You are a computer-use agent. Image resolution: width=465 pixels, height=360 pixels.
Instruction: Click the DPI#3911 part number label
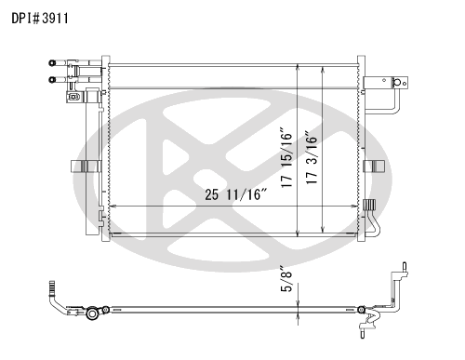click(40, 19)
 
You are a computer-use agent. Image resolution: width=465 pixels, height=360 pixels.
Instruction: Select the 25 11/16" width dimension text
click(236, 194)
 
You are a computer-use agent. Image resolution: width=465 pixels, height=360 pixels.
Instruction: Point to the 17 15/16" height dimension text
click(286, 156)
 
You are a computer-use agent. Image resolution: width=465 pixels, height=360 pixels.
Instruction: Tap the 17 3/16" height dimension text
click(312, 158)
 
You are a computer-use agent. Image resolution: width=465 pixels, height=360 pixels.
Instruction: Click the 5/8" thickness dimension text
click(286, 279)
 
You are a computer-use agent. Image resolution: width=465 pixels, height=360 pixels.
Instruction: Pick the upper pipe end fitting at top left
click(52, 63)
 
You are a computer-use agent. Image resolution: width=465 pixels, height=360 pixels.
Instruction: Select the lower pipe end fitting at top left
click(52, 80)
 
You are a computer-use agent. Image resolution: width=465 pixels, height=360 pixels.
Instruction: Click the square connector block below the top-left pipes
click(73, 97)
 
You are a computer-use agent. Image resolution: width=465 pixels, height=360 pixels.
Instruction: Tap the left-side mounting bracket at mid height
click(84, 167)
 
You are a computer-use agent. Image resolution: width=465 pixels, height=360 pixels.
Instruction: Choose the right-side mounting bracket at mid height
click(374, 167)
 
